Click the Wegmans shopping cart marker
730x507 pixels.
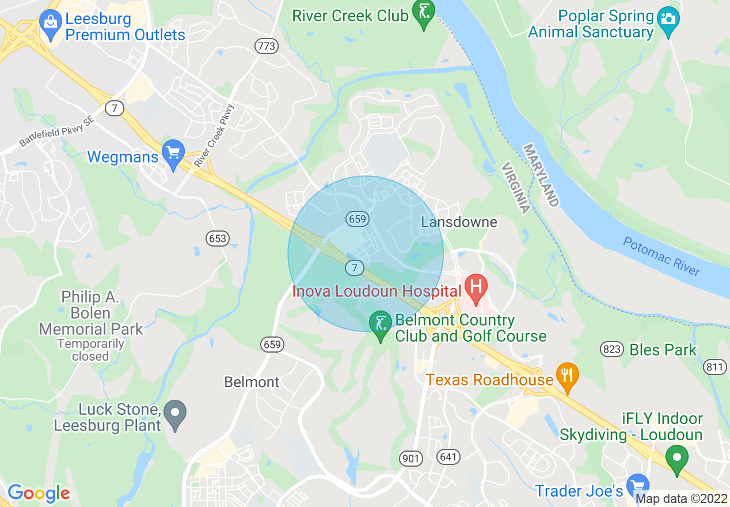point(173,152)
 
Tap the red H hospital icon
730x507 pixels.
point(476,286)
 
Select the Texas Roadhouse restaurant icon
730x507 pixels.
point(568,375)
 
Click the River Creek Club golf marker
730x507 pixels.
point(424,12)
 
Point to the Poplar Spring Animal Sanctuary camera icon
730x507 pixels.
point(668,19)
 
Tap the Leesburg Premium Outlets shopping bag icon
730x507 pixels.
point(51,22)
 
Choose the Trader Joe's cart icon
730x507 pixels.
point(637,485)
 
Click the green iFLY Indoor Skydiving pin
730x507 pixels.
point(677,458)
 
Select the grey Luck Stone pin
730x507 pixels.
point(174,413)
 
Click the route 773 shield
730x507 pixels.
point(267,46)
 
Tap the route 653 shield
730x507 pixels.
point(218,238)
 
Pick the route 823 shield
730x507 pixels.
point(611,349)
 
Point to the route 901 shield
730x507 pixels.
point(410,458)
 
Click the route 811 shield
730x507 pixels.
point(715,366)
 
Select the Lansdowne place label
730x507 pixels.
point(459,222)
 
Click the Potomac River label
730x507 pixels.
point(661,256)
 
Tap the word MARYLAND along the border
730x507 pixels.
point(541,176)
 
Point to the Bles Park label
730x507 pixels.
point(663,350)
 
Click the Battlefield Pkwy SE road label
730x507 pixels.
point(52,135)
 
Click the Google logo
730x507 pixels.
point(39,493)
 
